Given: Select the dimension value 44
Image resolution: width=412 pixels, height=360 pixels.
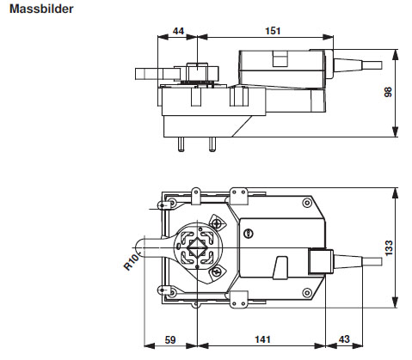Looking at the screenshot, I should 180,31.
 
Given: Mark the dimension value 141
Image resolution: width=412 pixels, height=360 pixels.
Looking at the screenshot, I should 262,341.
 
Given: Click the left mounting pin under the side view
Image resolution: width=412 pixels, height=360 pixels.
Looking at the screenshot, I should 181,143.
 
